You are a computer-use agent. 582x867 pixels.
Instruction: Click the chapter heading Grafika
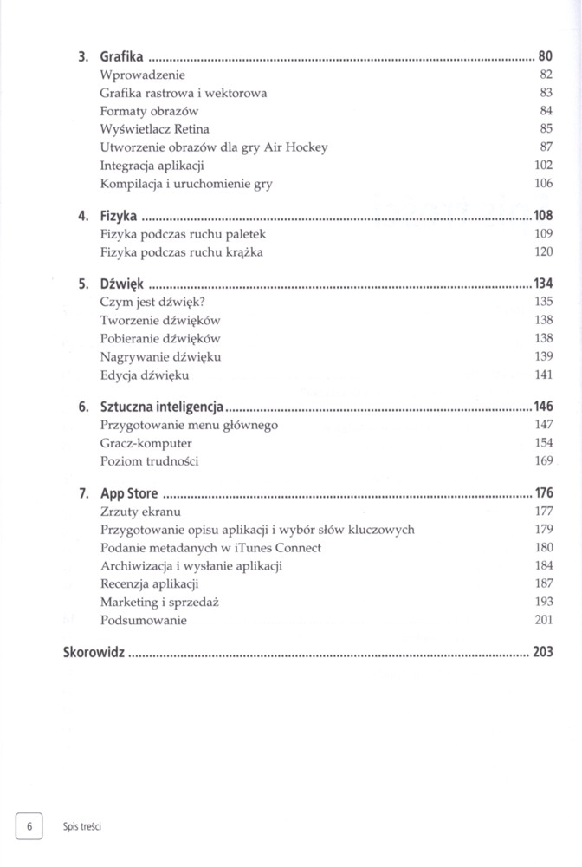121,57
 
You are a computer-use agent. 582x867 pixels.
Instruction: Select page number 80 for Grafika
545,57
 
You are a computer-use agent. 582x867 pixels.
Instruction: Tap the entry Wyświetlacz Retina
155,129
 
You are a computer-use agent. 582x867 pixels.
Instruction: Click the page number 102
543,166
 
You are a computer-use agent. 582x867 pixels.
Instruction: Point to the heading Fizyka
120,214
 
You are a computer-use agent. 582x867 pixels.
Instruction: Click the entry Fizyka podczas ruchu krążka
182,252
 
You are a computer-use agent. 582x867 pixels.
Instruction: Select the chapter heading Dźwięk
121,284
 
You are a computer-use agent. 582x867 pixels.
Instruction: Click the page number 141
543,375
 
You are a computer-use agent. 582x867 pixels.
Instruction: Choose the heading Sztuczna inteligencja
162,406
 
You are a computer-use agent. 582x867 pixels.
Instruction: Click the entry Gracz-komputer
146,443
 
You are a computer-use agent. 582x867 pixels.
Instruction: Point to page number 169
543,461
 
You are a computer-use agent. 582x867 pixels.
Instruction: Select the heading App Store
129,493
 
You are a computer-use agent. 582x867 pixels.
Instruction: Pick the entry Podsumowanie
144,620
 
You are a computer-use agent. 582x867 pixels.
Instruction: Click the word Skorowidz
94,652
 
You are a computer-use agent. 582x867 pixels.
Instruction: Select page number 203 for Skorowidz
543,652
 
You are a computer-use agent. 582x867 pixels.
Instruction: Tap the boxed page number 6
29,826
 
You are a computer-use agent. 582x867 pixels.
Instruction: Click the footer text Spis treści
82,827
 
